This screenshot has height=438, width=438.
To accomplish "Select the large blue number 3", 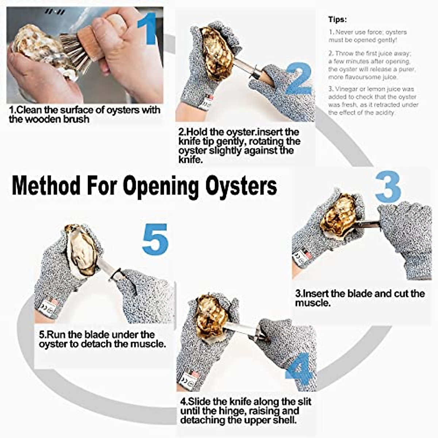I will [388, 187].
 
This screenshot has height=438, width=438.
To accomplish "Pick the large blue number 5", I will [155, 239].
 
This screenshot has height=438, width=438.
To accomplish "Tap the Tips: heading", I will [337, 19].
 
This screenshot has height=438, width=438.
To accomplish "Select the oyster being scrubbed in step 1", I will [36, 46].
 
